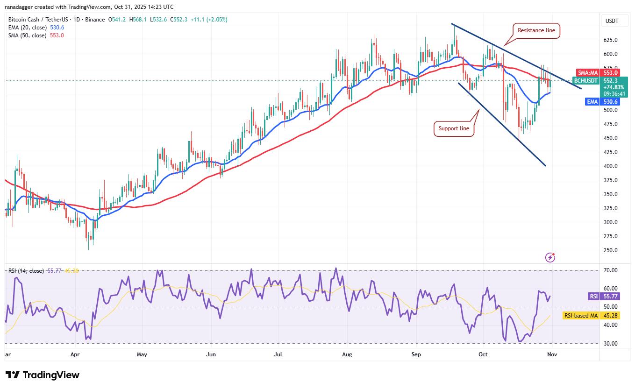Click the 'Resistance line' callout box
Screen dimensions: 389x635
point(536,30)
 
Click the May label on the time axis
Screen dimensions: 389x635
point(142,354)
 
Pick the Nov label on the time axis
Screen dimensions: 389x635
point(552,354)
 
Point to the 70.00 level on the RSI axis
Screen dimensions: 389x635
point(610,270)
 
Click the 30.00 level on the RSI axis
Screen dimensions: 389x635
point(610,343)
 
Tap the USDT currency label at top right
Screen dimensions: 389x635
point(612,21)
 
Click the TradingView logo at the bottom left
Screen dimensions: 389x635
point(43,375)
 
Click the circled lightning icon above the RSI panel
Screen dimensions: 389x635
point(550,257)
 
